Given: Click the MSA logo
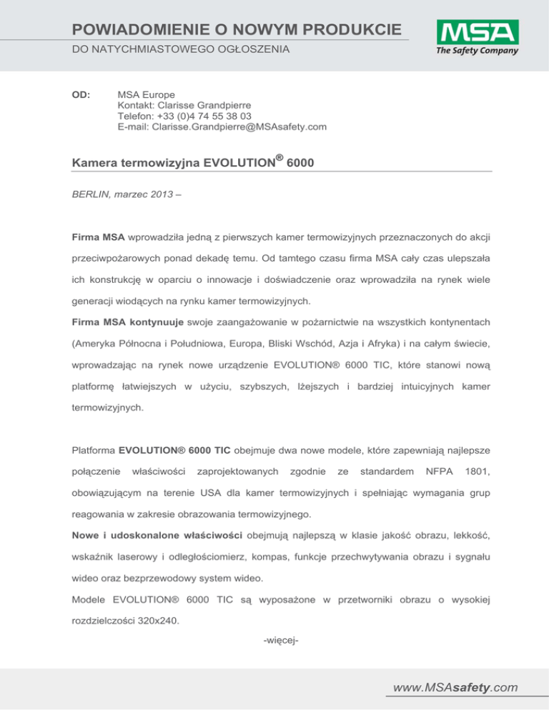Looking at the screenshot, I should [x=476, y=34].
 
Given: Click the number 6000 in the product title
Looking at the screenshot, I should [x=300, y=166].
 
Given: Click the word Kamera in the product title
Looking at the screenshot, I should [x=97, y=166].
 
